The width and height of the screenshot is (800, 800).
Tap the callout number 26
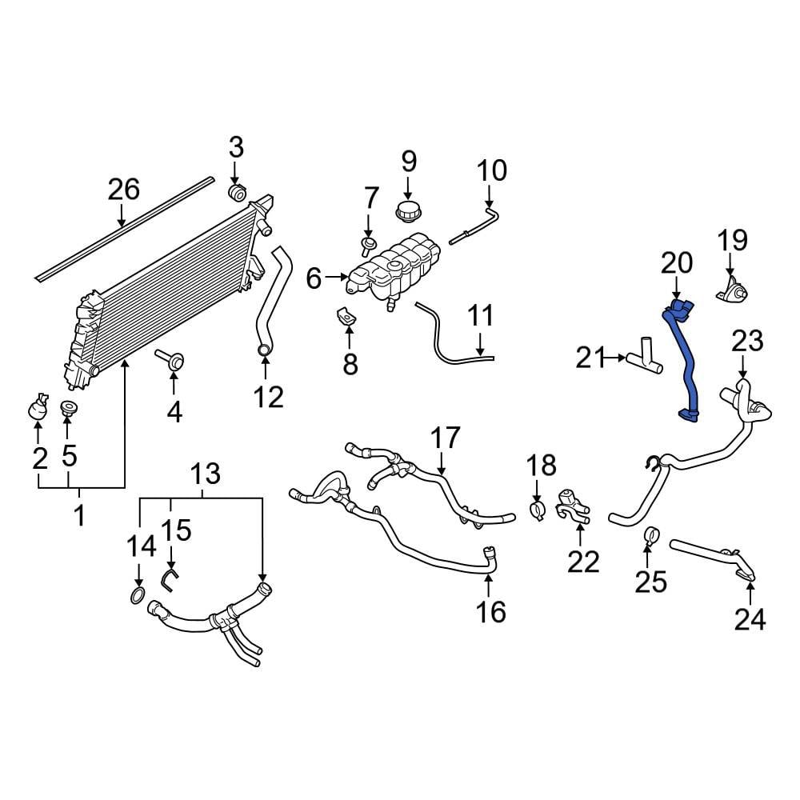pyautogui.click(x=124, y=190)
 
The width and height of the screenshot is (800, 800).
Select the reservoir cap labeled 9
pyautogui.click(x=409, y=212)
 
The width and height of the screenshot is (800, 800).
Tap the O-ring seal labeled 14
pyautogui.click(x=138, y=595)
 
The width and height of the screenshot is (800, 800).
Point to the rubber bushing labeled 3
pyautogui.click(x=237, y=194)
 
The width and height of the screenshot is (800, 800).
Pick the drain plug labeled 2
pyautogui.click(x=38, y=409)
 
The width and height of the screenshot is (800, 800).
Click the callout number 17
pyautogui.click(x=446, y=438)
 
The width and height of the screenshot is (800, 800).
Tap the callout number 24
pyautogui.click(x=750, y=618)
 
